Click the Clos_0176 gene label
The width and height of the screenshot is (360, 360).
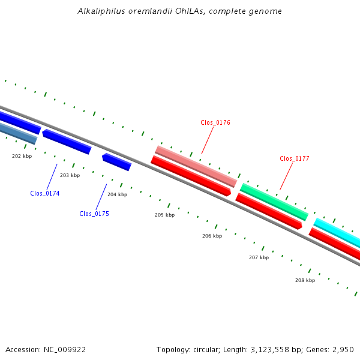tap(215, 122)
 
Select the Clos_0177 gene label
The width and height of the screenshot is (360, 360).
tap(295, 158)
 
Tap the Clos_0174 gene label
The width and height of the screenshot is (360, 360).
tap(45, 193)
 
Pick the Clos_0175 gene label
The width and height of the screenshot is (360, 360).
tap(94, 214)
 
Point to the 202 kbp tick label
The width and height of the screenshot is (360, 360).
tap(22, 156)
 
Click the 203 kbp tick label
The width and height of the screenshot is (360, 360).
tap(70, 175)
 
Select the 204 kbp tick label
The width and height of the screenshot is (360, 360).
tap(117, 194)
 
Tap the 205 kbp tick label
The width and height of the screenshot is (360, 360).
tap(164, 215)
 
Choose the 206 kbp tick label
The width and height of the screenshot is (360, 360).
tap(212, 236)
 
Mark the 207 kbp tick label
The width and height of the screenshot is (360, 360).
tap(259, 257)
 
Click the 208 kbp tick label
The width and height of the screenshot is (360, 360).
tap(305, 280)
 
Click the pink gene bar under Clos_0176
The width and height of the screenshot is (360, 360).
tap(196, 166)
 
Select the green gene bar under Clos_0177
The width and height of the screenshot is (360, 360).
tap(274, 202)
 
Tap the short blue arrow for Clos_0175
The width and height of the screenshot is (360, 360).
tap(117, 162)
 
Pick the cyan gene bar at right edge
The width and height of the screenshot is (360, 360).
tap(337, 233)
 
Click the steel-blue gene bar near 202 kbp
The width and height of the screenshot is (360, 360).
tap(19, 134)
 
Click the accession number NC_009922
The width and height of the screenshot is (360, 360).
tap(65, 350)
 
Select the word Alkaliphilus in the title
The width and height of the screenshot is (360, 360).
tap(101, 11)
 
